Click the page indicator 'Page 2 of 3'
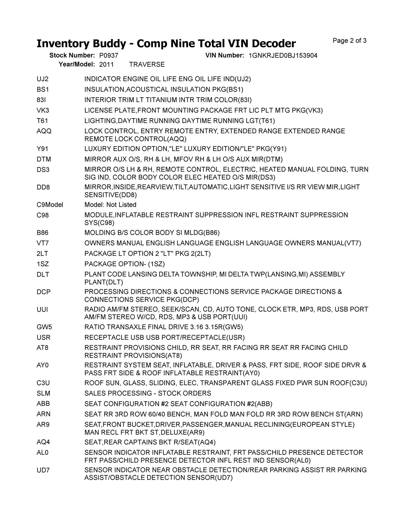point(350,41)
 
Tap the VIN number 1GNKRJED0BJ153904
point(283,56)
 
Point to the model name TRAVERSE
point(147,64)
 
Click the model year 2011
point(106,64)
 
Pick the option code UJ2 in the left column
point(43,79)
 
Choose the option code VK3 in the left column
point(43,111)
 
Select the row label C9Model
point(50,205)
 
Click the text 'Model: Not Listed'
point(110,205)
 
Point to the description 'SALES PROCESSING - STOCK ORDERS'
point(147,394)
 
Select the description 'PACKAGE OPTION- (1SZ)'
point(124,264)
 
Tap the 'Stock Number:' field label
point(72,56)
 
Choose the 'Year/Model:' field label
point(77,64)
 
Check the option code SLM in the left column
point(43,394)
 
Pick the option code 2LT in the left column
point(42,253)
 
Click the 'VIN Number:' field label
point(225,56)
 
